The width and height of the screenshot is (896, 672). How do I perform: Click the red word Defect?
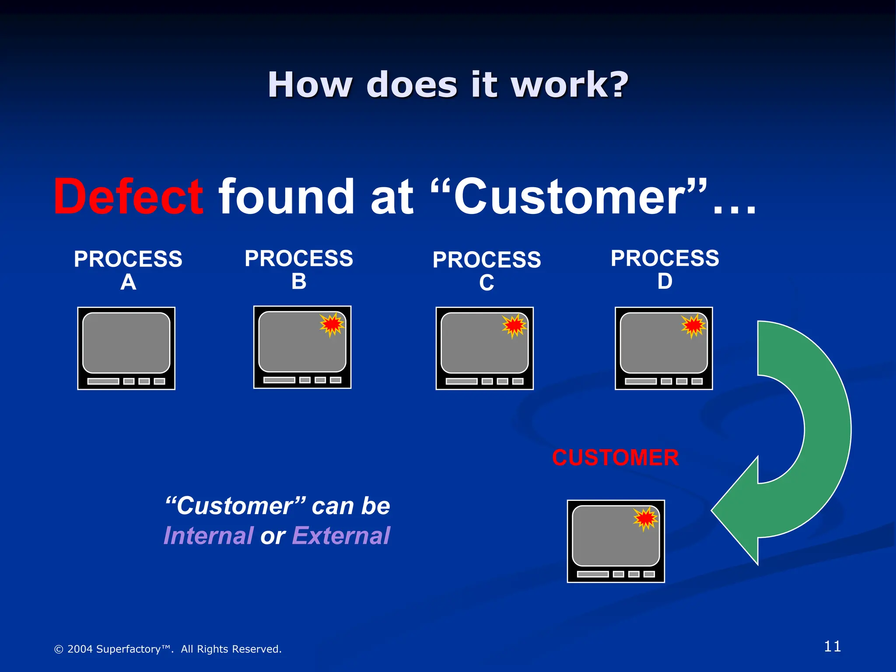[x=128, y=197]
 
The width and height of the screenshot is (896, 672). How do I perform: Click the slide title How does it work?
[x=448, y=84]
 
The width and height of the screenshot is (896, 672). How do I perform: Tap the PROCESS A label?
[x=128, y=269]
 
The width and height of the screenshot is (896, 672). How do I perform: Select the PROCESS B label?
[x=299, y=269]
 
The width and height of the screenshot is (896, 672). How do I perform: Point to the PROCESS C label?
[x=486, y=270]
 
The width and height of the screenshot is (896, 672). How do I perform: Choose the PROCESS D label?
[x=665, y=269]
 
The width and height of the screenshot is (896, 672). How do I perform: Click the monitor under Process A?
[x=126, y=348]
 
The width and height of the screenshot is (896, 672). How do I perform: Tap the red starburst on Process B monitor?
[x=332, y=324]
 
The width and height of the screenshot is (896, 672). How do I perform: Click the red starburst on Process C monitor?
[x=514, y=325]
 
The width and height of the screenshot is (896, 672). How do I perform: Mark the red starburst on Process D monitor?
[x=693, y=325]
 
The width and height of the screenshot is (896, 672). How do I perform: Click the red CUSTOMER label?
[x=615, y=458]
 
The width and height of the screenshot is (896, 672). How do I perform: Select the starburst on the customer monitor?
[x=645, y=518]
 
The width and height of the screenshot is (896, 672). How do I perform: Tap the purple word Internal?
[x=208, y=535]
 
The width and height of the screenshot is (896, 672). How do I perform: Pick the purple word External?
[x=341, y=535]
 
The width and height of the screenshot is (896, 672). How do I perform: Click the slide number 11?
[x=832, y=646]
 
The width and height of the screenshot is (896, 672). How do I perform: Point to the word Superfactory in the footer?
[x=128, y=649]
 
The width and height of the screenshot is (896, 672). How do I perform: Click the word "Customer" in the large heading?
[x=569, y=197]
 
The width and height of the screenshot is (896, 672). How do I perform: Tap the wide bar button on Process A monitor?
[x=103, y=381]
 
